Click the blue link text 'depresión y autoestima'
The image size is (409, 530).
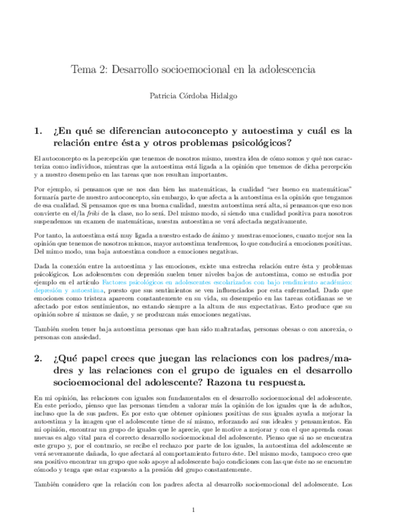point(68,291)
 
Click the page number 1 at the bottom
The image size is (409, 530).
point(194,509)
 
